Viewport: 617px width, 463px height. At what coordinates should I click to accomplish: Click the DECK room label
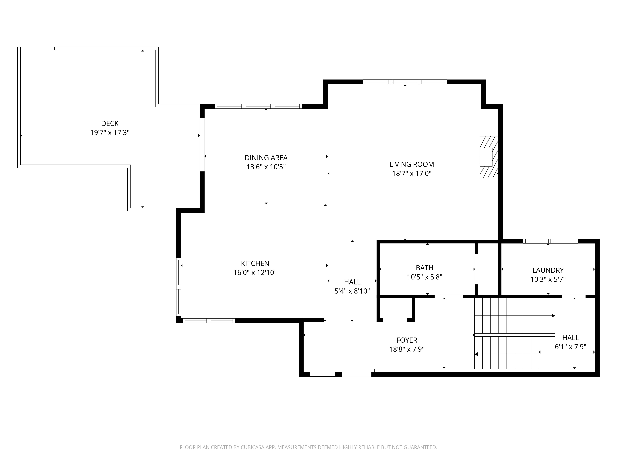point(110,123)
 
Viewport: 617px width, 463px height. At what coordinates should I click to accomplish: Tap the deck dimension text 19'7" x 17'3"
point(110,133)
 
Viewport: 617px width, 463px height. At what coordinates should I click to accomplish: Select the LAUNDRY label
point(548,270)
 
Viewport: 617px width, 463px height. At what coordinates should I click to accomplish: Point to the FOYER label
point(407,340)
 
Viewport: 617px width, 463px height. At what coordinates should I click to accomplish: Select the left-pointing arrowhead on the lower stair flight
point(476,355)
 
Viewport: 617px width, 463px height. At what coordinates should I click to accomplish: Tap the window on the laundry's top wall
point(550,241)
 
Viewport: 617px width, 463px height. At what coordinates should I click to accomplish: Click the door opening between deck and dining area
point(202,144)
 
